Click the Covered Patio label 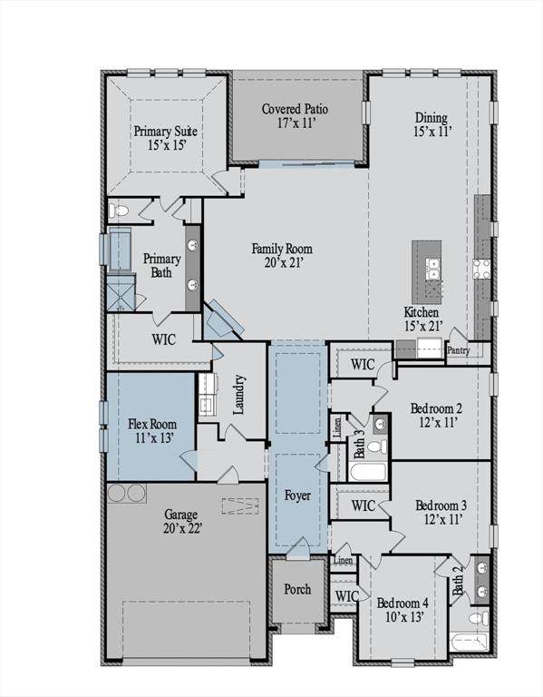[x=295, y=109]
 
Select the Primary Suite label [x=166, y=131]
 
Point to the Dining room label [x=431, y=118]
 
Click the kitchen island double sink [x=433, y=269]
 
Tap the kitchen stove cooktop [x=481, y=269]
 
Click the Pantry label [x=458, y=350]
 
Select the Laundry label [x=239, y=395]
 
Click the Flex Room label [x=152, y=424]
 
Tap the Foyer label [x=297, y=496]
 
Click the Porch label [x=297, y=589]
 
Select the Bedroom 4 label [x=402, y=604]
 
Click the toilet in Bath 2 [x=479, y=618]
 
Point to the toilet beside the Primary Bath [x=119, y=210]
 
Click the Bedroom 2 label [x=436, y=408]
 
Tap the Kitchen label [x=422, y=312]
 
